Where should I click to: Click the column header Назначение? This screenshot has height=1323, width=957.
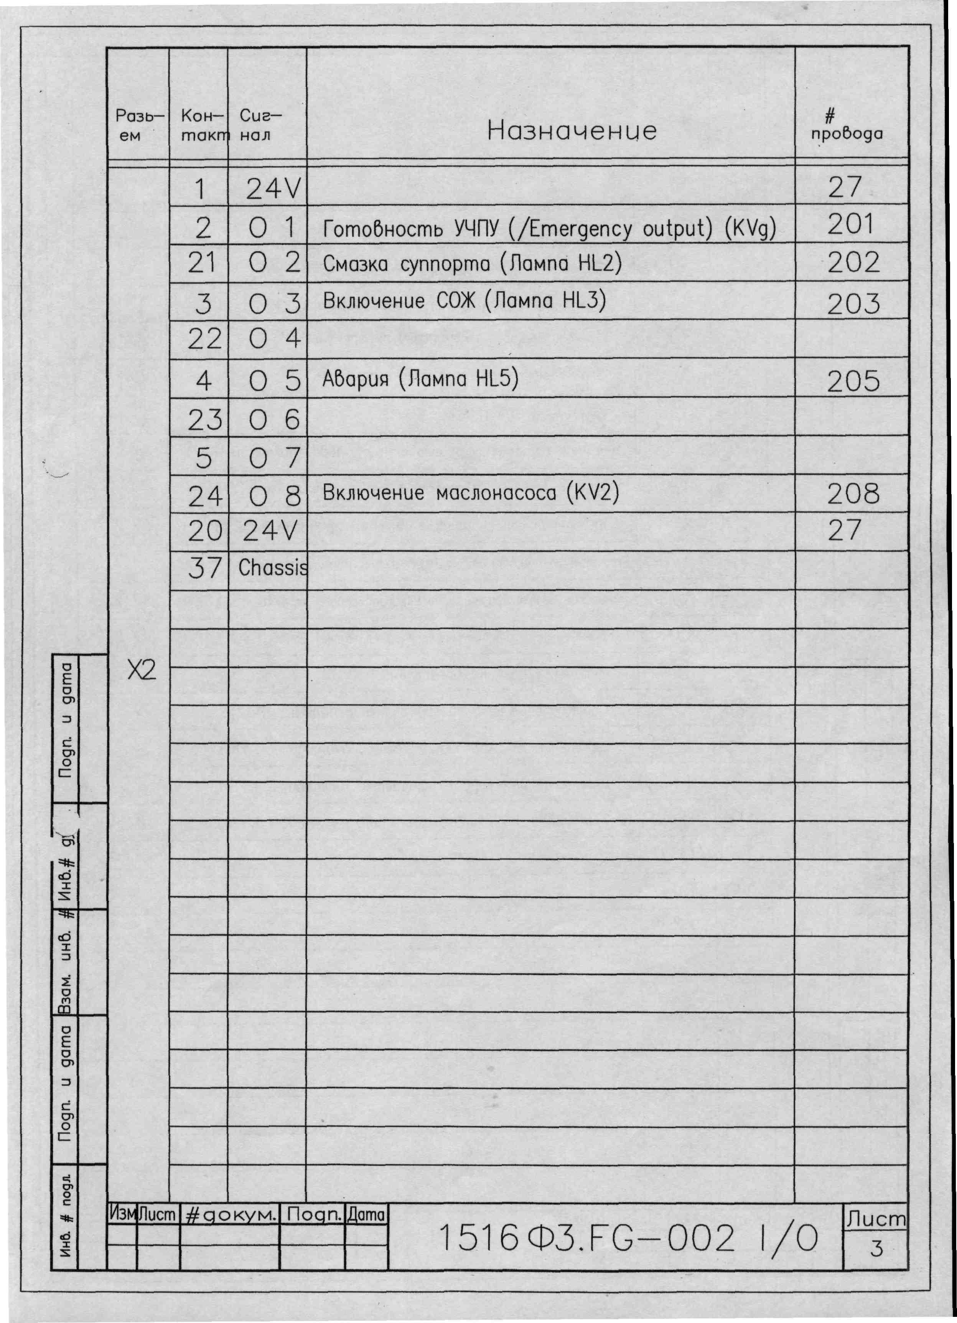point(572,131)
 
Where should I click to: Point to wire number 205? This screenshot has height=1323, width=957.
point(853,381)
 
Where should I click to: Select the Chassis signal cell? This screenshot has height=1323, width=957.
point(272,567)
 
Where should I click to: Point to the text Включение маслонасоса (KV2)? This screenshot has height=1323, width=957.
point(470,493)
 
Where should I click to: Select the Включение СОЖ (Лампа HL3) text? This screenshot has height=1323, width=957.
point(464,301)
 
